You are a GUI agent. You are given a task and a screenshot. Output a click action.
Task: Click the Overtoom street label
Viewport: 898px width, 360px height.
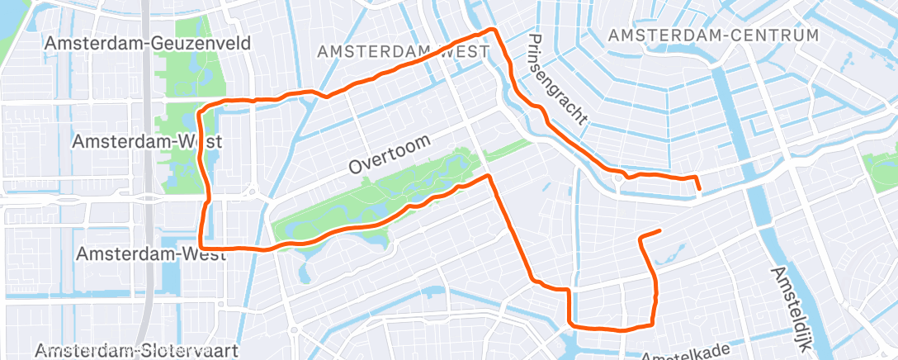(390, 154)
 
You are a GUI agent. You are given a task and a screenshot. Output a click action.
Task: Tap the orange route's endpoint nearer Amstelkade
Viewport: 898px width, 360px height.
(660, 230)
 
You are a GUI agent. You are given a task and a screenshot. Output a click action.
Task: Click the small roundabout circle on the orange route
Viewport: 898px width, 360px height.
(618, 177)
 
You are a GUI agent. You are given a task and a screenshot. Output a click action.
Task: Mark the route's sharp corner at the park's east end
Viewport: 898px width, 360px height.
(489, 176)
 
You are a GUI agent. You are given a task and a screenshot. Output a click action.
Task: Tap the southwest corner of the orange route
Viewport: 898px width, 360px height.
(201, 247)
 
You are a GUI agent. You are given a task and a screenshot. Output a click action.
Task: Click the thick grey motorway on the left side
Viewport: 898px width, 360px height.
(145, 206)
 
